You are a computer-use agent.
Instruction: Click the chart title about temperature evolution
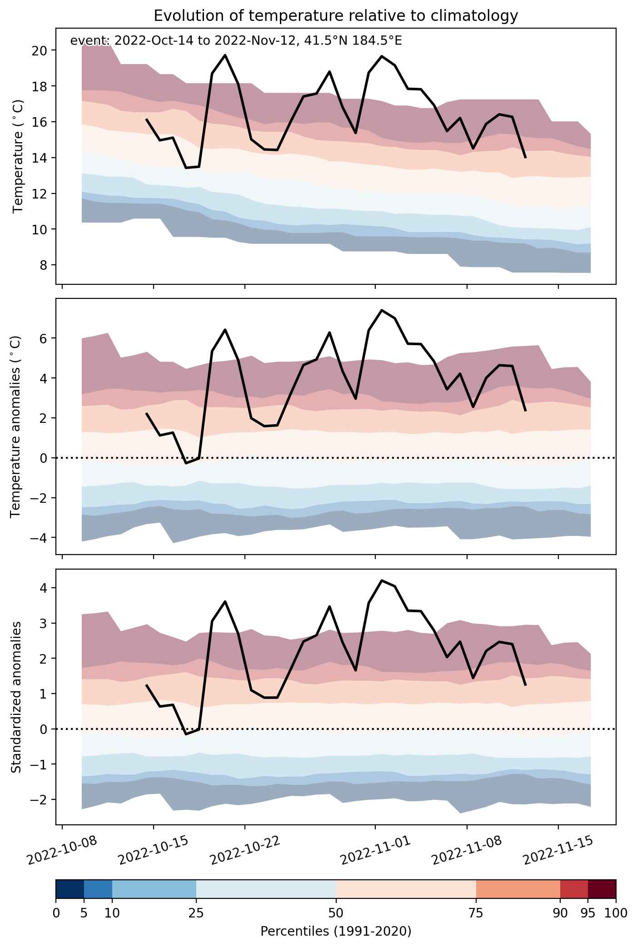[336, 16]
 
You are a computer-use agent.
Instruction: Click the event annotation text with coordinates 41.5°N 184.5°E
[236, 41]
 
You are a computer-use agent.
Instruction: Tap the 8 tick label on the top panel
[43, 265]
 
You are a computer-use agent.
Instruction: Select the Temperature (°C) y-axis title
[18, 156]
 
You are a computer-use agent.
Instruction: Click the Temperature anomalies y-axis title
[16, 426]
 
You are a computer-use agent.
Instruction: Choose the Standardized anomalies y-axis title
[16, 697]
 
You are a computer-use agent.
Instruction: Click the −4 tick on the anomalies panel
[40, 538]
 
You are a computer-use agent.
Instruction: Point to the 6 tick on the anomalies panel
[43, 338]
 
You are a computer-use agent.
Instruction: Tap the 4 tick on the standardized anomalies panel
[43, 588]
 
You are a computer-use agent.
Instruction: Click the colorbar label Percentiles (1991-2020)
[336, 932]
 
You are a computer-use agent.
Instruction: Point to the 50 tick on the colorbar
[336, 912]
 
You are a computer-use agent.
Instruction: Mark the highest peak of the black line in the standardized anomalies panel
[382, 580]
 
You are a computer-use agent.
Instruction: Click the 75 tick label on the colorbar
[476, 912]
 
